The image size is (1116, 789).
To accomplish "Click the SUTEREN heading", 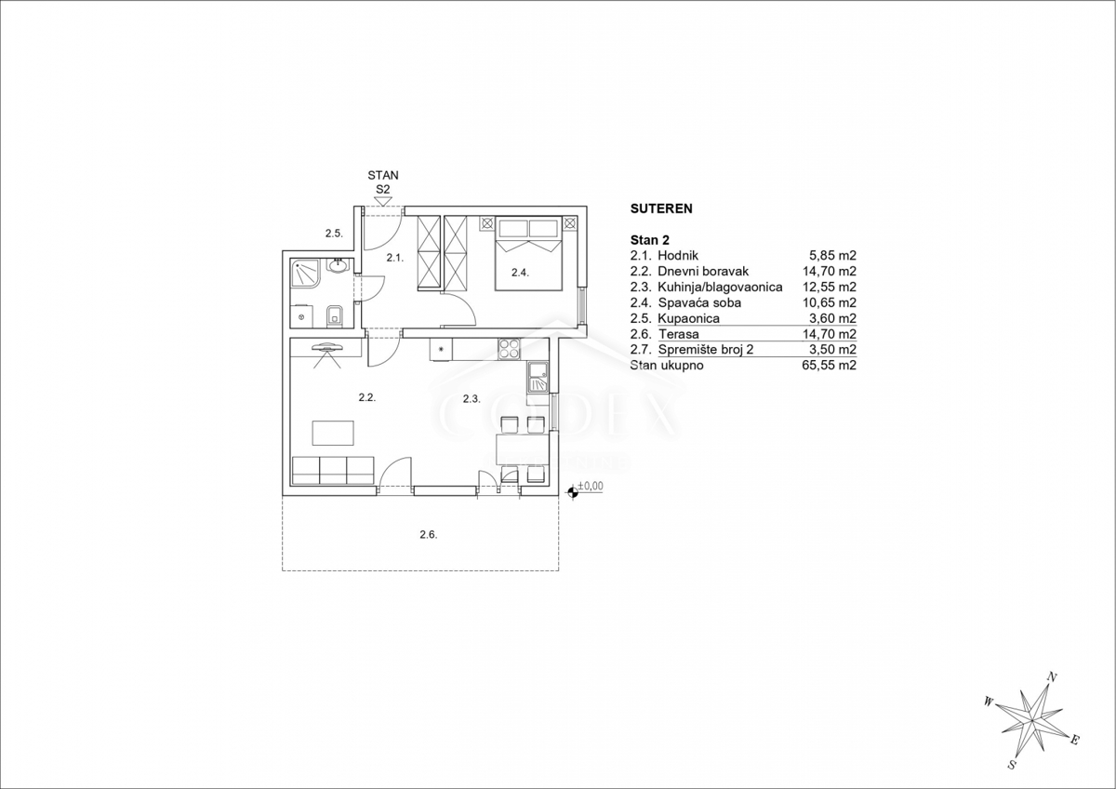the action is coord(661,208).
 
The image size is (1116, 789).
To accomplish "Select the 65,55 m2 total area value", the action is coord(829,366).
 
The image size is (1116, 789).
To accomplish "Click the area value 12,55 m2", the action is coord(829,288).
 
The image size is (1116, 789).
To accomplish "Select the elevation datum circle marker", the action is coord(573,493).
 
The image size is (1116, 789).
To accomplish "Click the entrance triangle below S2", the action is coord(382,201).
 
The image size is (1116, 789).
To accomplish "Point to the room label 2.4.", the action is coord(520,273).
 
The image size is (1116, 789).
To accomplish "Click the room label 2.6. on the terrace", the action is coord(429,535).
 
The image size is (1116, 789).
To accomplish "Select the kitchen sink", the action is coord(538,378).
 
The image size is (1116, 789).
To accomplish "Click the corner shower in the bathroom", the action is coord(305,274).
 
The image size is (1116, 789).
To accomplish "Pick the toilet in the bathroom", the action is coord(334,316).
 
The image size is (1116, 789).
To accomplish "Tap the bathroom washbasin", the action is coord(339,264).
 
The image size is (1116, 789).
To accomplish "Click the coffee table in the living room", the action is coord(333,433).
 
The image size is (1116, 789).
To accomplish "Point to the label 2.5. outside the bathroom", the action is coord(334,234).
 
